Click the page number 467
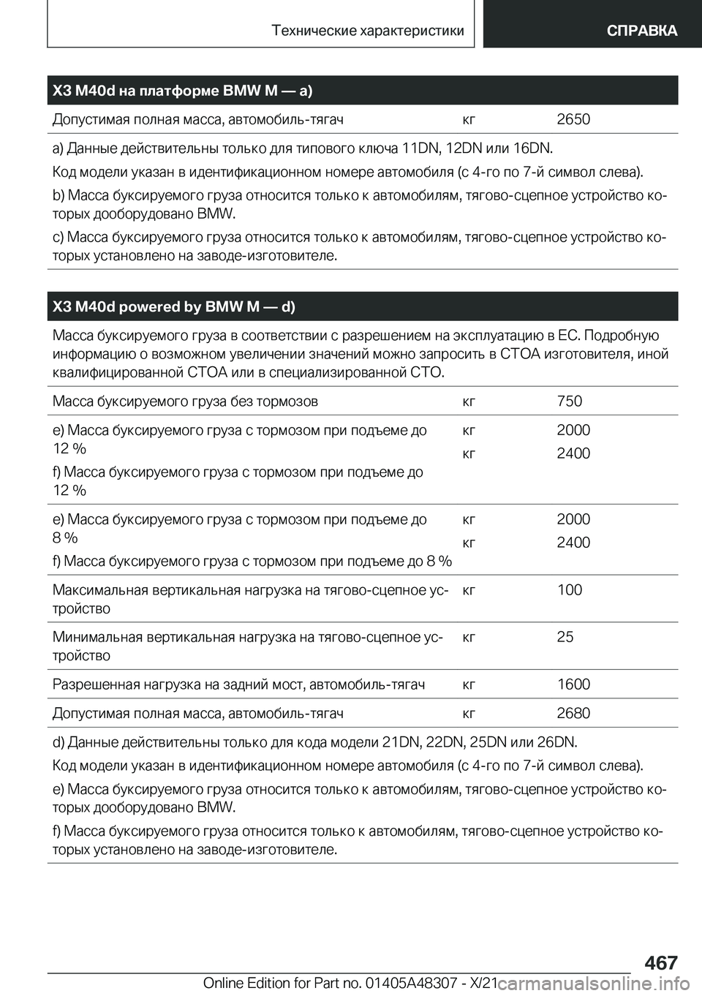point(661,962)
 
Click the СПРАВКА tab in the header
point(641,30)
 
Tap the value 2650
point(573,119)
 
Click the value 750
point(569,401)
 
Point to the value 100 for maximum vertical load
point(569,589)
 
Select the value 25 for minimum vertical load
point(565,636)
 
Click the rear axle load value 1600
point(573,684)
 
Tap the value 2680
point(573,713)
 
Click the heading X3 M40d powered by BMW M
point(174,306)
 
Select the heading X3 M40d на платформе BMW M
point(183,91)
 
